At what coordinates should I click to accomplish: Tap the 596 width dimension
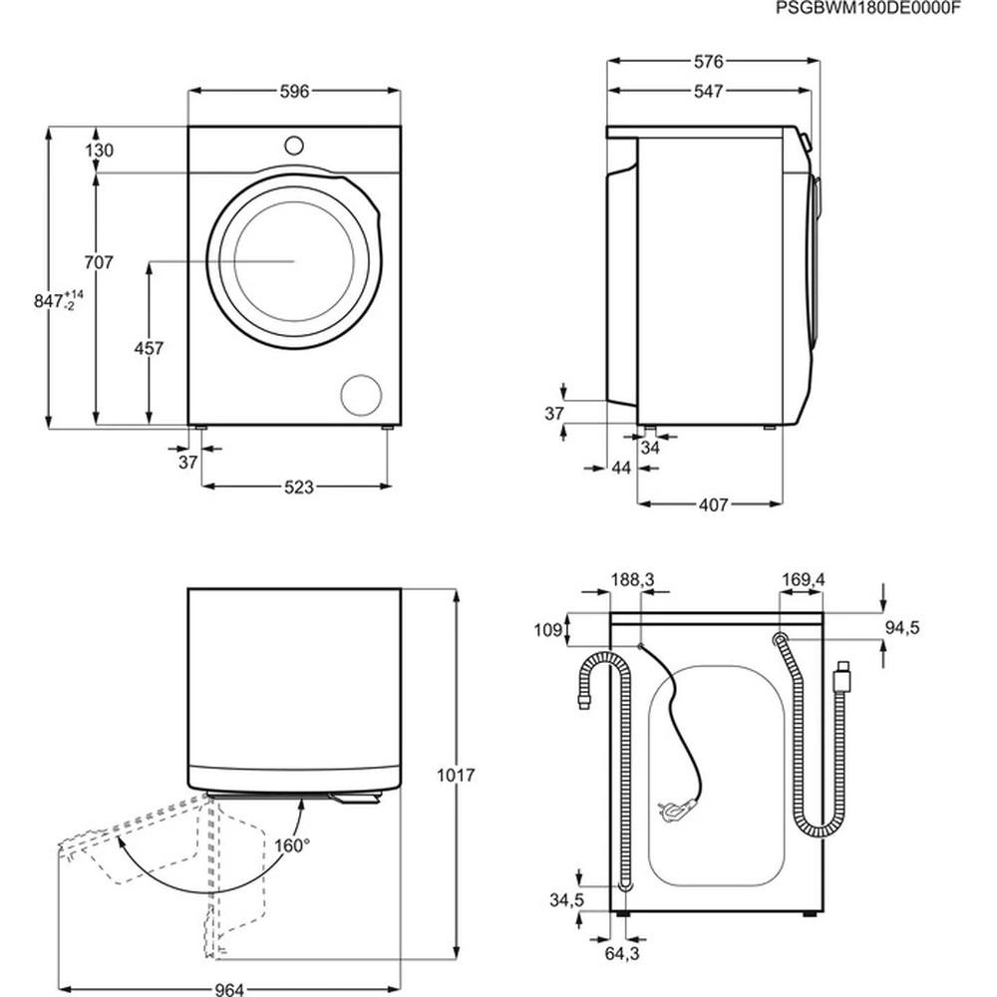pos(294,91)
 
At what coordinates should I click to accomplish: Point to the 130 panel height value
pos(100,151)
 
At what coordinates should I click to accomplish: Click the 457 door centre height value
pos(149,348)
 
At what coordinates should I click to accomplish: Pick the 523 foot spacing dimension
pos(298,487)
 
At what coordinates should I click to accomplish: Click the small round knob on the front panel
pos(293,145)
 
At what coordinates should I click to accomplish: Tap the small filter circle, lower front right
pos(360,395)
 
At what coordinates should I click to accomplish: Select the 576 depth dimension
pos(708,62)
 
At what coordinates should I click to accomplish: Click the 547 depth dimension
pos(708,91)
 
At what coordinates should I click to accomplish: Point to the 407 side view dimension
pos(712,504)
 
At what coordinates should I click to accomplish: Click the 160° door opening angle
pos(292,843)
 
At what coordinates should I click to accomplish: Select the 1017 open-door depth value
pos(454,775)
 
